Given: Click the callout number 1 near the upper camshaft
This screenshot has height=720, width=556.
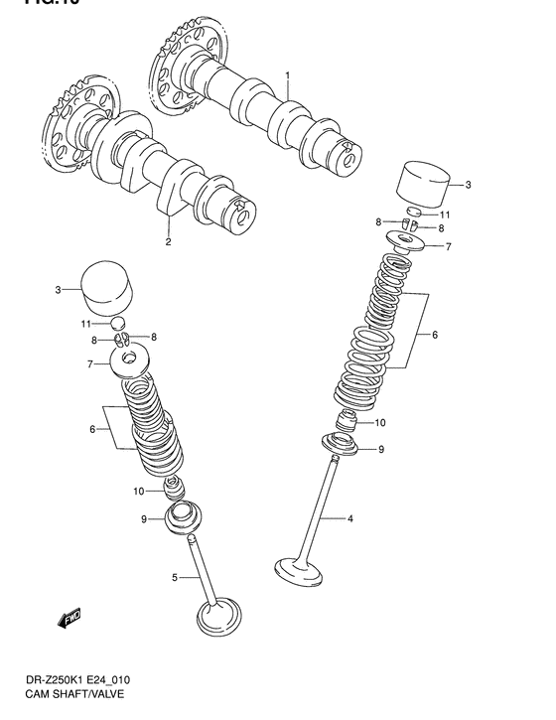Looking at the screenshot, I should (287, 75).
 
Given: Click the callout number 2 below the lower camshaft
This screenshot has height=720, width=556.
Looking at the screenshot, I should (168, 242).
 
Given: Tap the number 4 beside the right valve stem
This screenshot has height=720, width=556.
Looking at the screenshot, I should (349, 517).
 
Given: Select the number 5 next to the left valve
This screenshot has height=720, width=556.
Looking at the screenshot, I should (175, 578).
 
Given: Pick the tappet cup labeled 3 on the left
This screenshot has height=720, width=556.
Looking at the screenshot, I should (105, 287).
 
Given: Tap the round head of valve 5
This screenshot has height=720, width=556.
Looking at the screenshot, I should (220, 619).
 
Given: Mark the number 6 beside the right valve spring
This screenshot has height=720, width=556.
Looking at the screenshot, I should (434, 336).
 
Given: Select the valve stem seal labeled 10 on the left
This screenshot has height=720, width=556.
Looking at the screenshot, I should (175, 489).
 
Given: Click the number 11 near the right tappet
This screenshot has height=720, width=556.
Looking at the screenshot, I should (446, 215).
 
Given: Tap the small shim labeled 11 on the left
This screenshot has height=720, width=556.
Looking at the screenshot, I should (116, 323).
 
